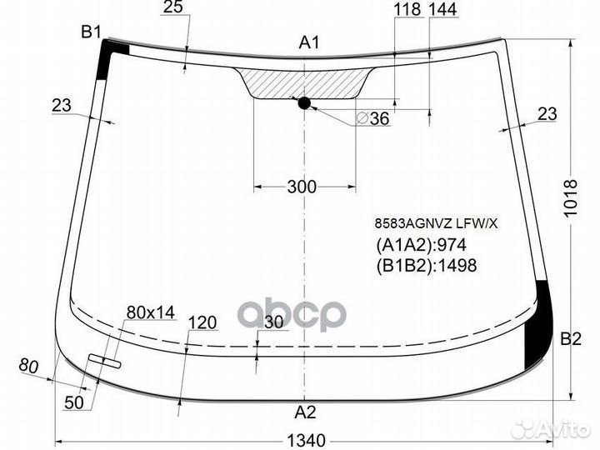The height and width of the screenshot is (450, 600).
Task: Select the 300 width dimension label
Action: click(301, 187)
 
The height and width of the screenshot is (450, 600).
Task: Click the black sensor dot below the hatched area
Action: click(303, 102)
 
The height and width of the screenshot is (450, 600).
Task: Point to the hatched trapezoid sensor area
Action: click(305, 82)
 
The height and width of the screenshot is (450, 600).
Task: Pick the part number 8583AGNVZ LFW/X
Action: click(434, 222)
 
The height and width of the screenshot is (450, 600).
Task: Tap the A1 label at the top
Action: click(310, 43)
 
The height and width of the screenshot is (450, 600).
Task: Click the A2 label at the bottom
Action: click(306, 410)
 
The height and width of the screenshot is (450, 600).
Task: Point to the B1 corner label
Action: click(91, 32)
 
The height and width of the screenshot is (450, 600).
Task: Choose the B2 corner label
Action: click(570, 338)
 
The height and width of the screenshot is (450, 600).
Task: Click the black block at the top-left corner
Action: click(110, 56)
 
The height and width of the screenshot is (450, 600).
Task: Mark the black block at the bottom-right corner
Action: click(540, 325)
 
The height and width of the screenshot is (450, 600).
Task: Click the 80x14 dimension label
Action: click(150, 312)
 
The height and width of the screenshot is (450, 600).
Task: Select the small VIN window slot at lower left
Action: click(105, 361)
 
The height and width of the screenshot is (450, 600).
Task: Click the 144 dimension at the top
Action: click(442, 10)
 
